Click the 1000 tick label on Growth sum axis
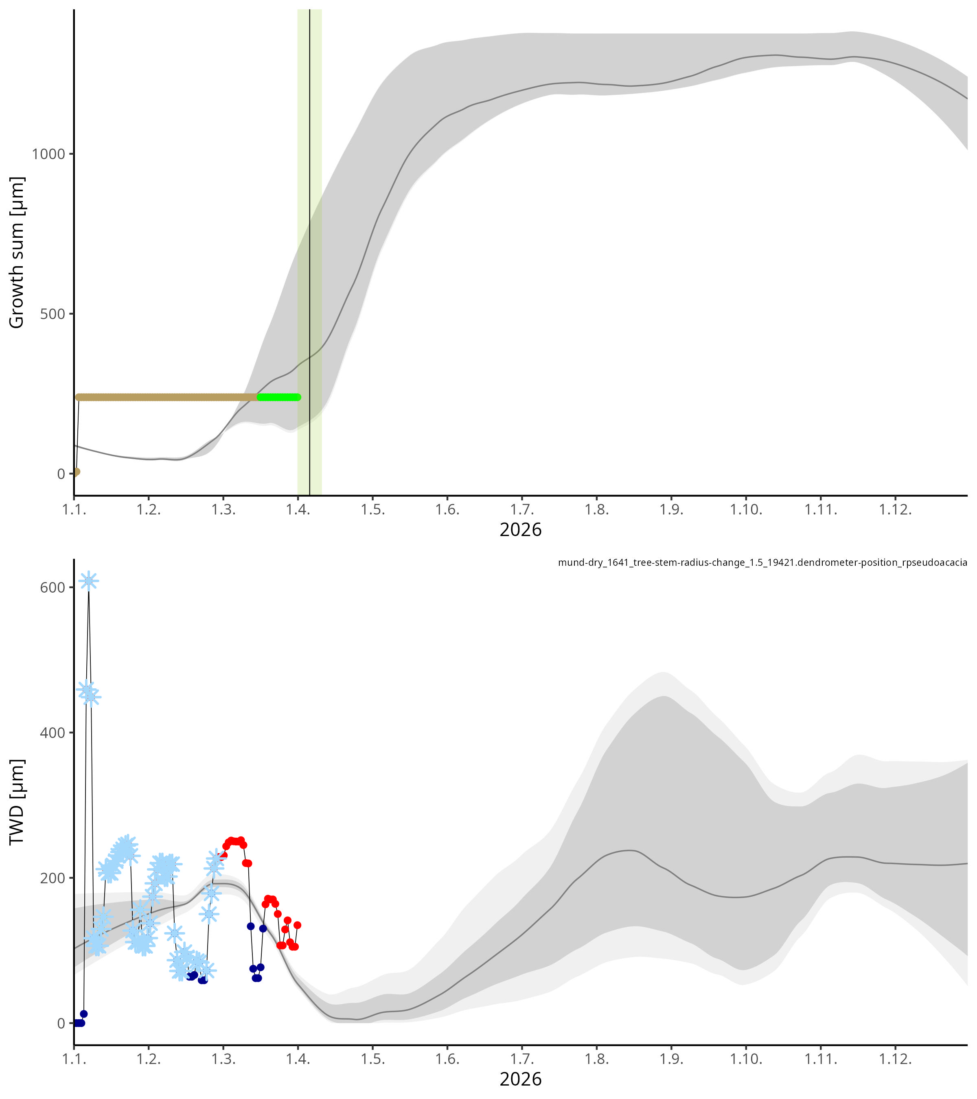coord(48,154)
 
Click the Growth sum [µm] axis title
coord(17,252)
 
